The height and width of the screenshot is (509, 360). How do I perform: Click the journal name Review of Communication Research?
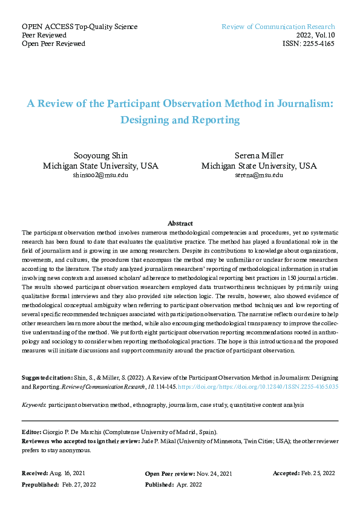(x=278, y=27)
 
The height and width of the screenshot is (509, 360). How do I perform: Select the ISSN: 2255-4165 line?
(x=309, y=44)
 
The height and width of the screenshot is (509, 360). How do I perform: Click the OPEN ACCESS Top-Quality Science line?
(x=79, y=27)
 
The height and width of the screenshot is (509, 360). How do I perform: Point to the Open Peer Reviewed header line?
(x=53, y=44)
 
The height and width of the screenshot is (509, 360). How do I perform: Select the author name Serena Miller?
(x=258, y=155)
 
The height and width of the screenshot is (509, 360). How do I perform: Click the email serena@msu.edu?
(x=258, y=175)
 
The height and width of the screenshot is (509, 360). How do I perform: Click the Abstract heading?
(x=180, y=223)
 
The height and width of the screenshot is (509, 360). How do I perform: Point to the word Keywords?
(x=33, y=404)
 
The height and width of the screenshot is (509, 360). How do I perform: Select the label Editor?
(x=31, y=432)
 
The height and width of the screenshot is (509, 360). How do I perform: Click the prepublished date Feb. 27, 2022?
(x=78, y=484)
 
